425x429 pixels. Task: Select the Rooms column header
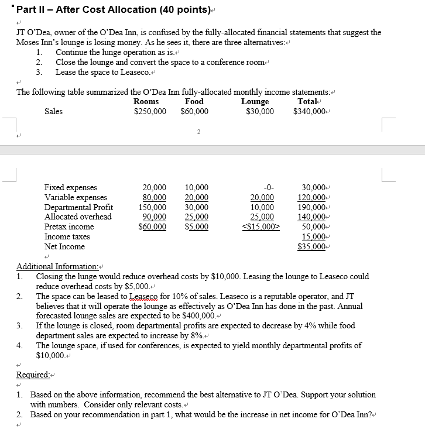point(146,101)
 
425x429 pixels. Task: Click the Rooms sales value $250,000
point(150,111)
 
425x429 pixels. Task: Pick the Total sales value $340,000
point(310,111)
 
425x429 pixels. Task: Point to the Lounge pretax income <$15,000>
point(262,226)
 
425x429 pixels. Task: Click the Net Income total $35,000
point(314,246)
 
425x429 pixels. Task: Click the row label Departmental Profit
point(78,207)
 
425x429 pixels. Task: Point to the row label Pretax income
point(69,226)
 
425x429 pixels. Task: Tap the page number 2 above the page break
point(198,132)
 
